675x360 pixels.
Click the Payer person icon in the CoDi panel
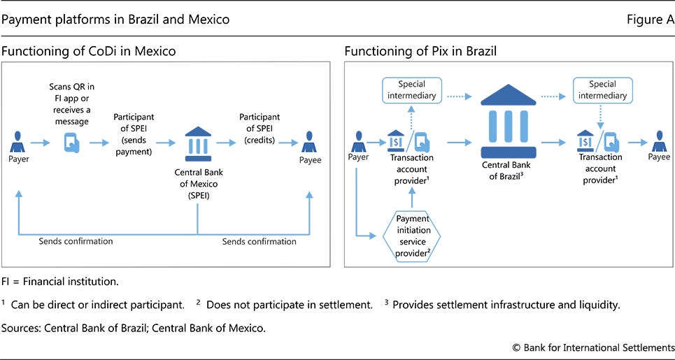point(18,143)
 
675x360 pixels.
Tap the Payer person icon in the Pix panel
point(359,142)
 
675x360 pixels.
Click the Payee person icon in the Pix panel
point(658,142)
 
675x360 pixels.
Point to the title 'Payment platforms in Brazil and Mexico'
point(115,20)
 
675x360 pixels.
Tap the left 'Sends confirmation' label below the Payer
point(76,241)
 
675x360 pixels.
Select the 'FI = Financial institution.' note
point(60,282)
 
